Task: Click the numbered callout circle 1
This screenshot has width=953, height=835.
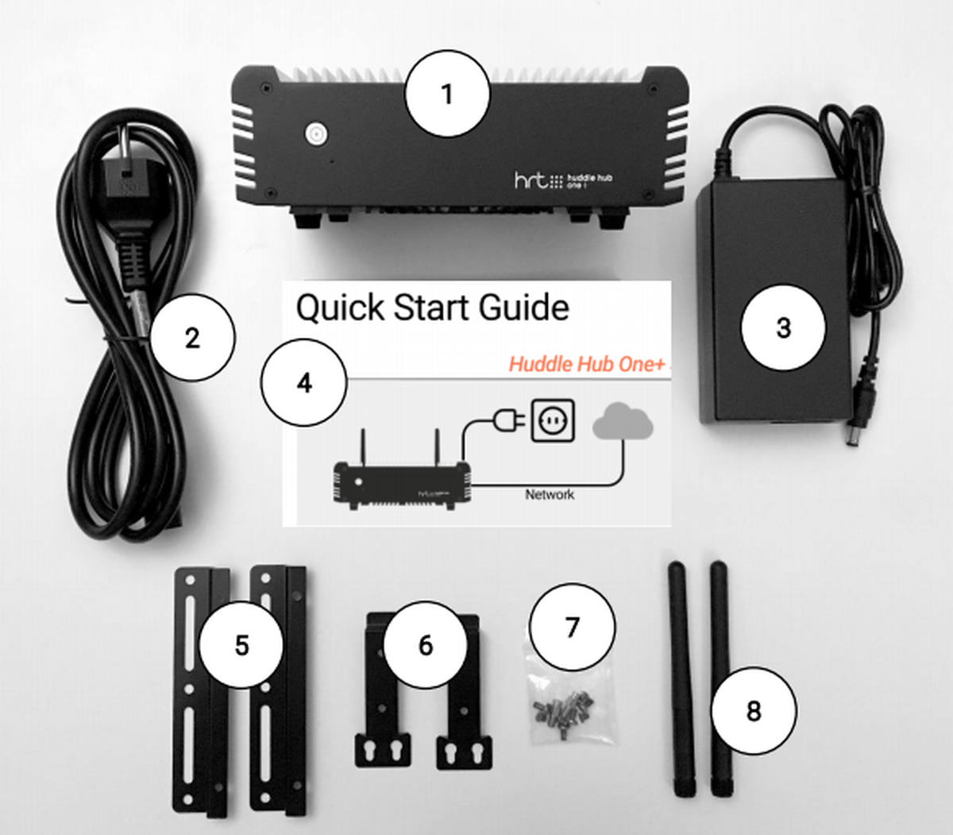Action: click(x=447, y=94)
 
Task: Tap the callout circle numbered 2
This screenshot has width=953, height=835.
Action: click(x=192, y=338)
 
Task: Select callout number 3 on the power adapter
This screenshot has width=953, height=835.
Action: click(x=783, y=327)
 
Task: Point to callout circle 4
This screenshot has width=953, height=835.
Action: click(x=304, y=383)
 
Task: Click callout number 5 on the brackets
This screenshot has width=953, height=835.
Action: click(x=241, y=645)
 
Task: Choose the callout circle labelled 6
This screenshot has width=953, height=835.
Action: click(x=426, y=645)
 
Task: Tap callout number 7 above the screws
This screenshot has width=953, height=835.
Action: click(x=573, y=627)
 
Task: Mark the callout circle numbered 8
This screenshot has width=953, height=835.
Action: click(x=754, y=711)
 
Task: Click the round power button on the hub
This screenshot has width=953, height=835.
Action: click(x=316, y=134)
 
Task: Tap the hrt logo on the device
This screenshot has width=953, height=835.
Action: click(x=531, y=180)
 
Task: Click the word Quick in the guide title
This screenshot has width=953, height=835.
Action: click(x=340, y=308)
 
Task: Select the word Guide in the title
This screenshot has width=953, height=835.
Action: click(x=524, y=307)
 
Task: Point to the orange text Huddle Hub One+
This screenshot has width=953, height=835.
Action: click(x=586, y=364)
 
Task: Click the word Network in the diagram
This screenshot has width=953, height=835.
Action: click(x=550, y=494)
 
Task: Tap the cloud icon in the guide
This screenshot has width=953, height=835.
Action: click(x=623, y=421)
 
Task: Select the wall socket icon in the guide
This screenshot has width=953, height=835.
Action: click(x=553, y=420)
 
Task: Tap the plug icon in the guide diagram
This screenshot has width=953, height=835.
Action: click(x=509, y=420)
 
